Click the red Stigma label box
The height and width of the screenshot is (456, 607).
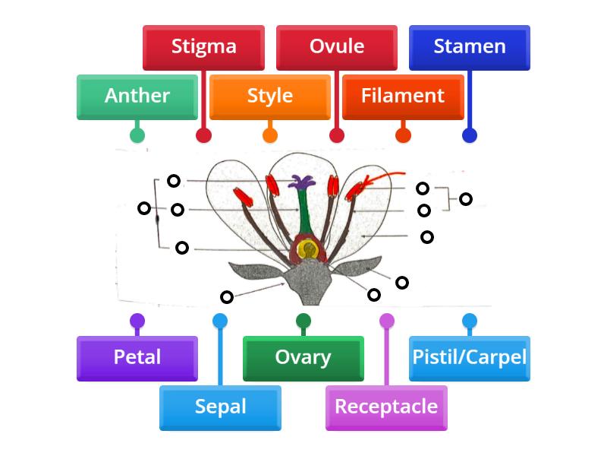click(203, 47)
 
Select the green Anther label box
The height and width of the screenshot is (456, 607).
click(137, 97)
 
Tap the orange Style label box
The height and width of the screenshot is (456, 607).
click(269, 97)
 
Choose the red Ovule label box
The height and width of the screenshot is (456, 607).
click(337, 47)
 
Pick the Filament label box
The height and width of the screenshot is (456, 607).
click(403, 97)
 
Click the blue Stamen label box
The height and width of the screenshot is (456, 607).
click(470, 47)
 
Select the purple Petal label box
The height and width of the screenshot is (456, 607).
click(137, 358)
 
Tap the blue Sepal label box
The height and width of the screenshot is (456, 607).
click(220, 407)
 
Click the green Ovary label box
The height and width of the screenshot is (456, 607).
click(303, 358)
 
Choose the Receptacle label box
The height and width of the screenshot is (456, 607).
click(386, 407)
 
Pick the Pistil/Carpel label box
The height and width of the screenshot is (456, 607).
click(470, 358)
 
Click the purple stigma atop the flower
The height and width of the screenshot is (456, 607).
click(303, 182)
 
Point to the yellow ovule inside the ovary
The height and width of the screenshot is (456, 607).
click(307, 249)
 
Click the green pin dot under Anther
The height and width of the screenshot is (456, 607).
click(137, 135)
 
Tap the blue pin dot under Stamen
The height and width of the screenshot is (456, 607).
click(470, 135)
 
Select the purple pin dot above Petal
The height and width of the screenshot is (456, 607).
click(137, 321)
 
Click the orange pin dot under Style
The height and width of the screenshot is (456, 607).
click(269, 135)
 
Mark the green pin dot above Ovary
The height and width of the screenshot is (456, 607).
click(303, 321)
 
